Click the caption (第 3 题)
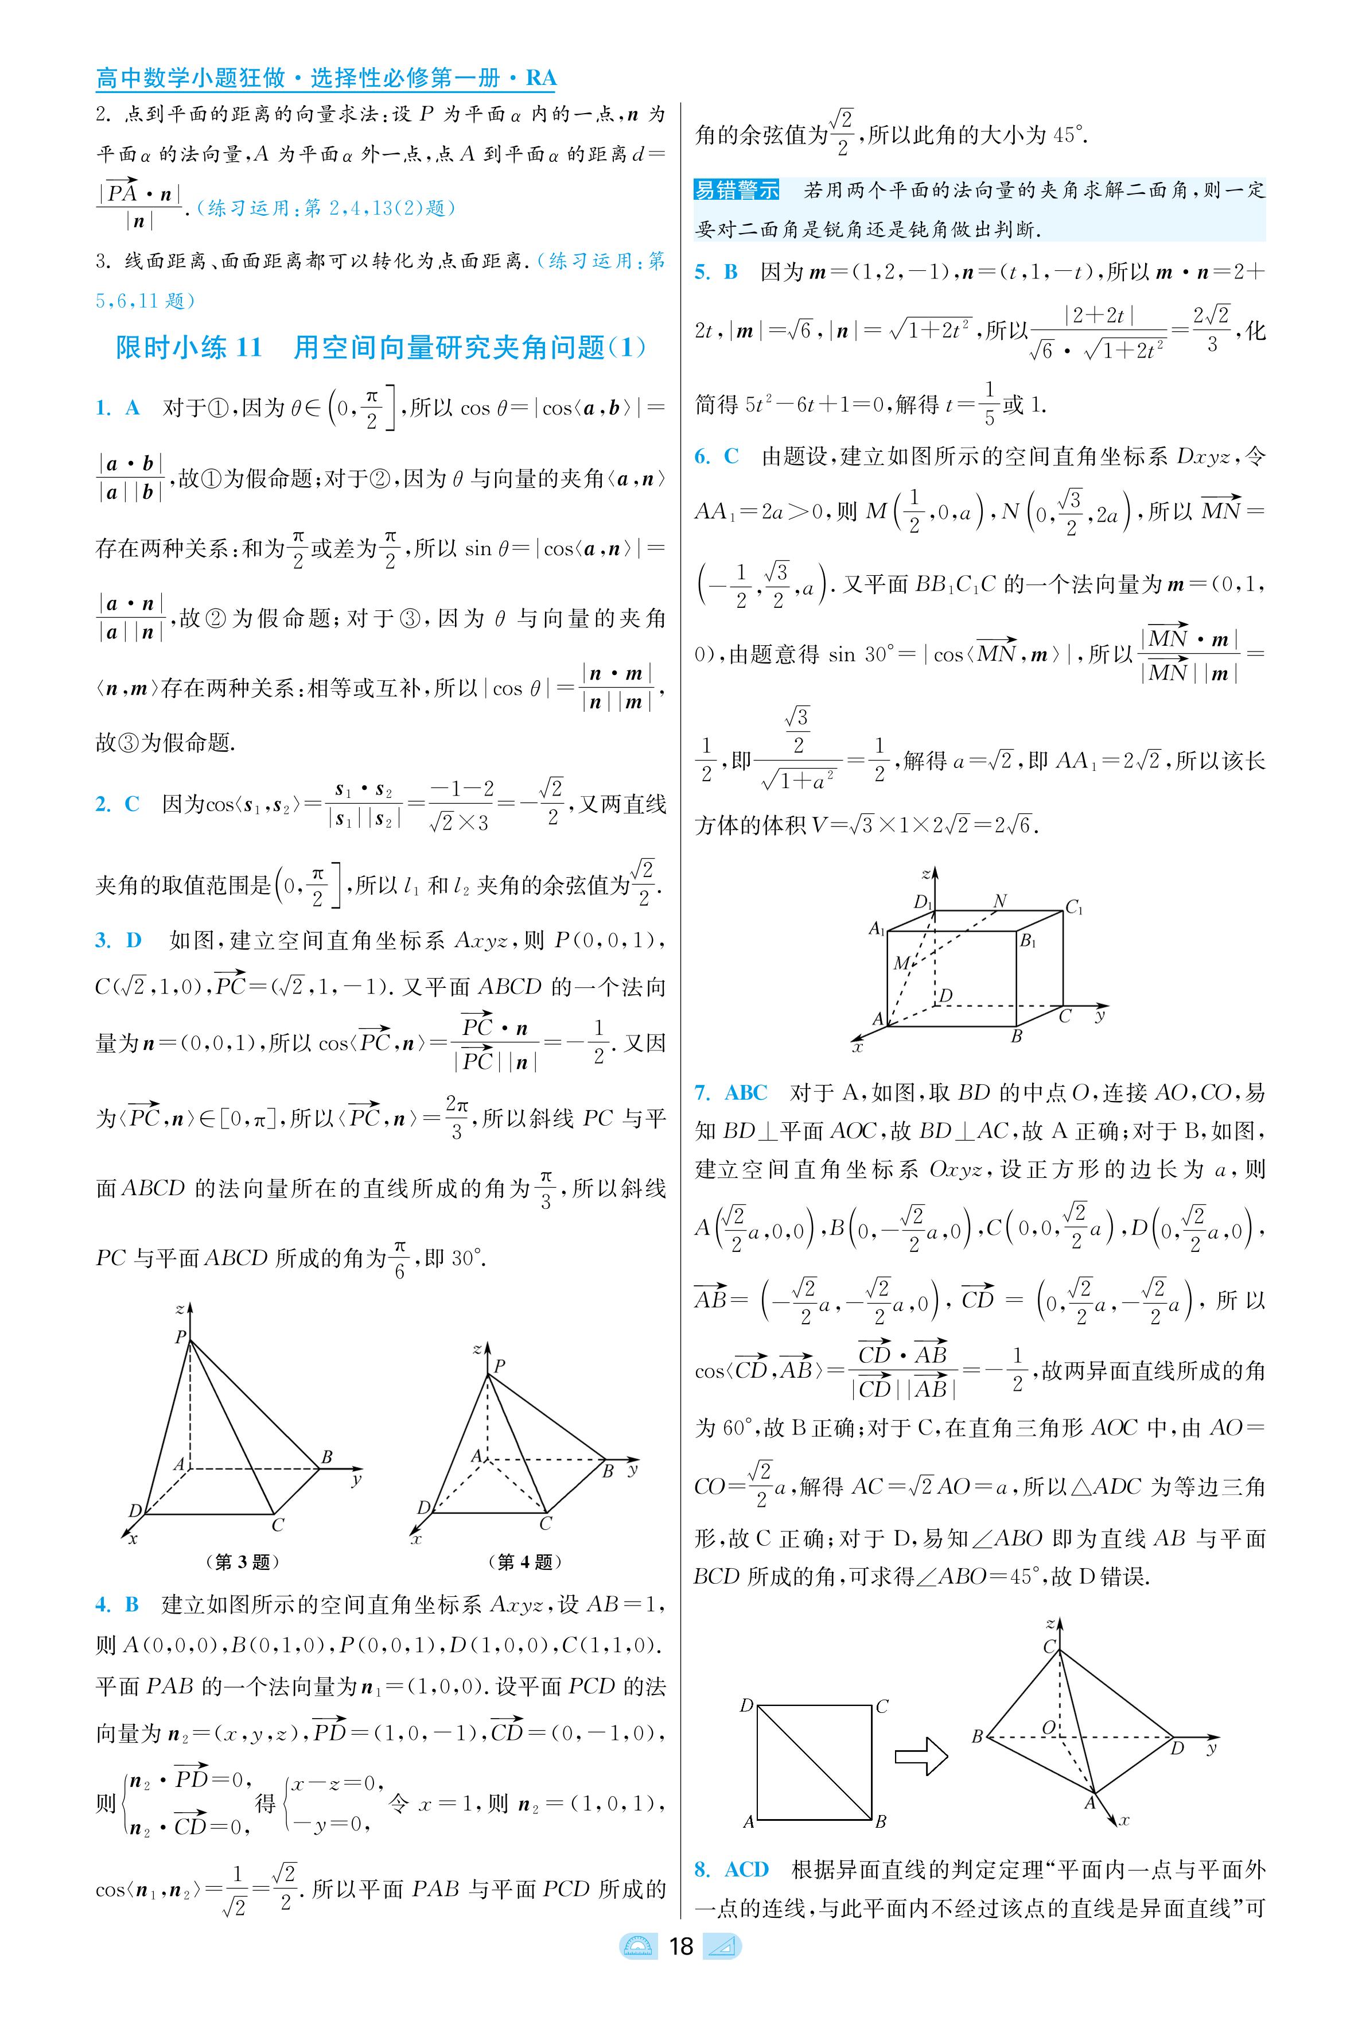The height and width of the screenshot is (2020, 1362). (x=242, y=1561)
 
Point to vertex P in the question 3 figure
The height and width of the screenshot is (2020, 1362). (x=181, y=1337)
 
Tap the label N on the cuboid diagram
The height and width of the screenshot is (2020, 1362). (x=1000, y=901)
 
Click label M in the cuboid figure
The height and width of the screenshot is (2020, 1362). (x=901, y=963)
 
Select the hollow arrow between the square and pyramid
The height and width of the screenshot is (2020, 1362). (x=921, y=1756)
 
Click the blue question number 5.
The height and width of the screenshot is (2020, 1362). (x=702, y=272)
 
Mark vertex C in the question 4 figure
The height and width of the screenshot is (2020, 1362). (x=546, y=1523)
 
